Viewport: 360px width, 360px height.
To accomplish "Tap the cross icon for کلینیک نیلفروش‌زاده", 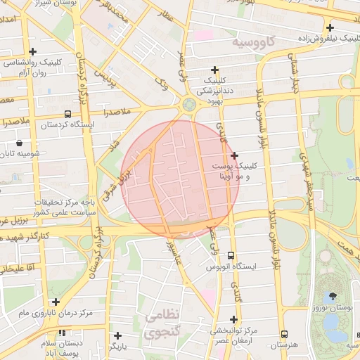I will point(349,27).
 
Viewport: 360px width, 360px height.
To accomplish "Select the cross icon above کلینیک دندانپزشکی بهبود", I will point(214,70).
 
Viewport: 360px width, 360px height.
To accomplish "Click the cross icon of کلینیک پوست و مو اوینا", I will point(234,155).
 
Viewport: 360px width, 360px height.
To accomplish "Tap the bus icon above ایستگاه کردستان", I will point(67,114).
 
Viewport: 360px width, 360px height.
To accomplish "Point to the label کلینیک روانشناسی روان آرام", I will point(33,67).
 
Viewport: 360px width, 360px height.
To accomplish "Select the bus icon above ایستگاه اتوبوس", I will point(231,257).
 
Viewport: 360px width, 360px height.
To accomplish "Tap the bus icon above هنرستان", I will point(284,335).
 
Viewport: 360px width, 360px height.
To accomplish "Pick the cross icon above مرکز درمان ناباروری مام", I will point(56,302).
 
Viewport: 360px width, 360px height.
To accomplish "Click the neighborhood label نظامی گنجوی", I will point(163,324).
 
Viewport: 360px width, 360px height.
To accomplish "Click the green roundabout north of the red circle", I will point(188,105).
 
